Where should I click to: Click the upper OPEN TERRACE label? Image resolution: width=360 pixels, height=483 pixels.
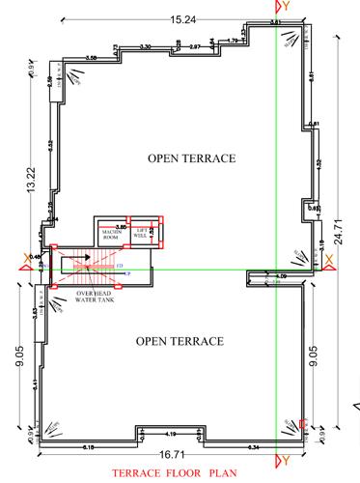[x=192, y=157]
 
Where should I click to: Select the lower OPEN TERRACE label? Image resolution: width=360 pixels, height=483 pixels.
[x=180, y=341]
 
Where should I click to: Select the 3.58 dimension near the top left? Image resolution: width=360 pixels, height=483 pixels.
[x=92, y=60]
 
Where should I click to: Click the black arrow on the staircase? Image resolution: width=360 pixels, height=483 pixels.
[x=86, y=257]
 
